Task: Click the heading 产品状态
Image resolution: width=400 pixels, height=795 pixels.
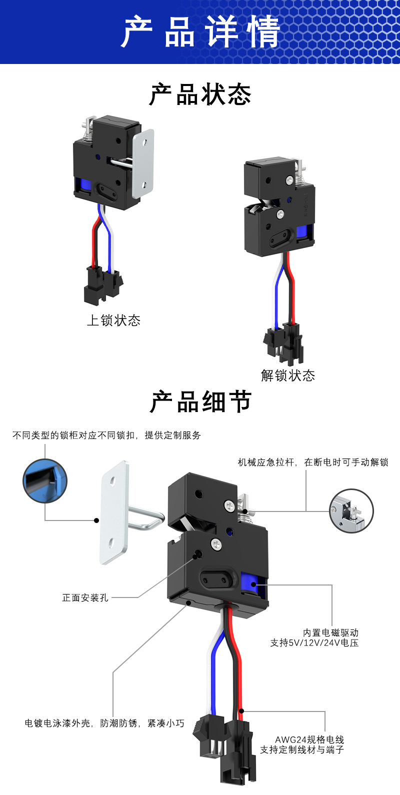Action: (x=200, y=94)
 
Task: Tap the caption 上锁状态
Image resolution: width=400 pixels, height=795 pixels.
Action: (x=113, y=320)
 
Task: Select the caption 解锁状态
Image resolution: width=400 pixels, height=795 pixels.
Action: (x=288, y=375)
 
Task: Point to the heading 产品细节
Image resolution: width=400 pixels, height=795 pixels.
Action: (x=200, y=402)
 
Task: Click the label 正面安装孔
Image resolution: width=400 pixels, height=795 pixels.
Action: (x=85, y=597)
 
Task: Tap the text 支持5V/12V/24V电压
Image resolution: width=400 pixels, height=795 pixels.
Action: (x=314, y=643)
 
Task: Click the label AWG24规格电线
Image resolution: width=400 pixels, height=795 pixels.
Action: (x=309, y=739)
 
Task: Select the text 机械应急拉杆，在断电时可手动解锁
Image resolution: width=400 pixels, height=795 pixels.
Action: (x=313, y=462)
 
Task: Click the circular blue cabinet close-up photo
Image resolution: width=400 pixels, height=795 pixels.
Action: (x=45, y=481)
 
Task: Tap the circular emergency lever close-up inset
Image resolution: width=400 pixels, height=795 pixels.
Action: (x=351, y=510)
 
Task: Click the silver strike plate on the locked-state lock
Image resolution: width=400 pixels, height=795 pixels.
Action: (x=143, y=161)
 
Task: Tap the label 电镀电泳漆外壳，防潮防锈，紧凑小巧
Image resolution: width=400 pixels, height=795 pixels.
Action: (x=104, y=723)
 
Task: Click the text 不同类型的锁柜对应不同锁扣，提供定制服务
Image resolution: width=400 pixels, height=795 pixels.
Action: (x=106, y=435)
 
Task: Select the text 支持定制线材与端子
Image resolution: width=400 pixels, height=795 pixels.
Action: (x=302, y=749)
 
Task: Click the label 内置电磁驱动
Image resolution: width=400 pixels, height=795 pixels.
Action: (x=330, y=633)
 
